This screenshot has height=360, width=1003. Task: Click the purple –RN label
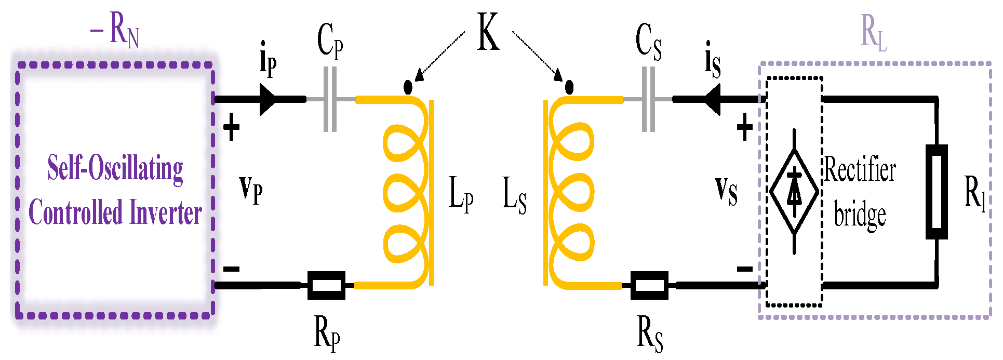point(115,30)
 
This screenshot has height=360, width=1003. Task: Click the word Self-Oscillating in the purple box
point(115,168)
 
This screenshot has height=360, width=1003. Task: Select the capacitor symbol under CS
point(648,99)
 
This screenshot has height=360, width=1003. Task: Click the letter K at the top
point(488,32)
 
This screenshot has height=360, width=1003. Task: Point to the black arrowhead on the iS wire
point(712,99)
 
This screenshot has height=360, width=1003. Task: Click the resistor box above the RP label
point(326,285)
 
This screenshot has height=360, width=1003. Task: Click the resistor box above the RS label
point(649,285)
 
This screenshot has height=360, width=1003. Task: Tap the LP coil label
point(461,194)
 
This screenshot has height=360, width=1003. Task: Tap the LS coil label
point(514,195)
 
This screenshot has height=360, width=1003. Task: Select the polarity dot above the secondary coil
point(569,87)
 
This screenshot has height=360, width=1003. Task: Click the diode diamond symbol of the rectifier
point(794,191)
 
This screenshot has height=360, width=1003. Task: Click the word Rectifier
point(860,169)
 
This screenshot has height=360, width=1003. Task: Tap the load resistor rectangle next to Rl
point(937,192)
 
